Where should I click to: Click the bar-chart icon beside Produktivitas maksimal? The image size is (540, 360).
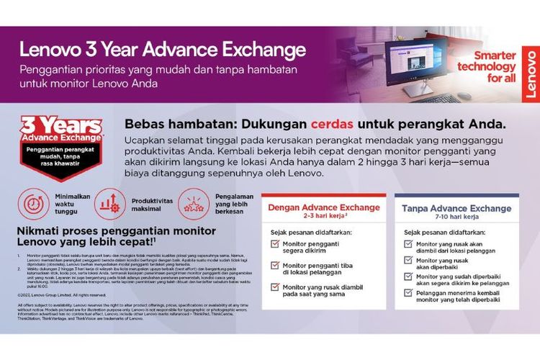point(109,204)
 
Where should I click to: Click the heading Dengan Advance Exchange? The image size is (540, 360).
point(323,207)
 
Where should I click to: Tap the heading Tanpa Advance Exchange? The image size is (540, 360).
point(456,208)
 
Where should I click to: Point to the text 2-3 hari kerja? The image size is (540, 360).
point(323,217)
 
